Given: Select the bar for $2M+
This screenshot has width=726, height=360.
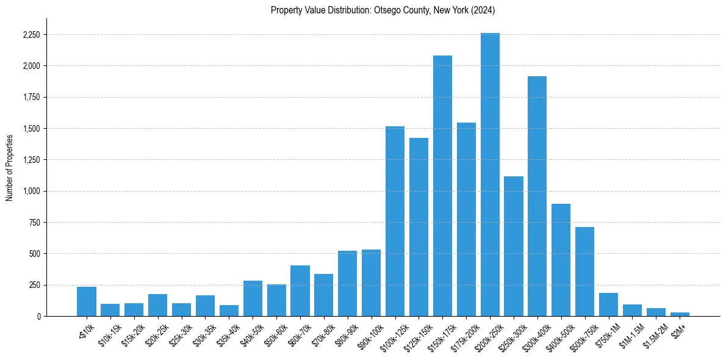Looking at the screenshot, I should point(680,314).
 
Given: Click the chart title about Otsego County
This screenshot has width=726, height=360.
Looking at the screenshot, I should point(383,10).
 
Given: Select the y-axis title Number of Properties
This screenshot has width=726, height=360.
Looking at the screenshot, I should point(9,167).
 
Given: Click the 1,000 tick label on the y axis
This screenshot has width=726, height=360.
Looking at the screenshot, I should point(31,191).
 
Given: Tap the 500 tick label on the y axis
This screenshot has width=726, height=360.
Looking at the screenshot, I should point(34,254).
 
